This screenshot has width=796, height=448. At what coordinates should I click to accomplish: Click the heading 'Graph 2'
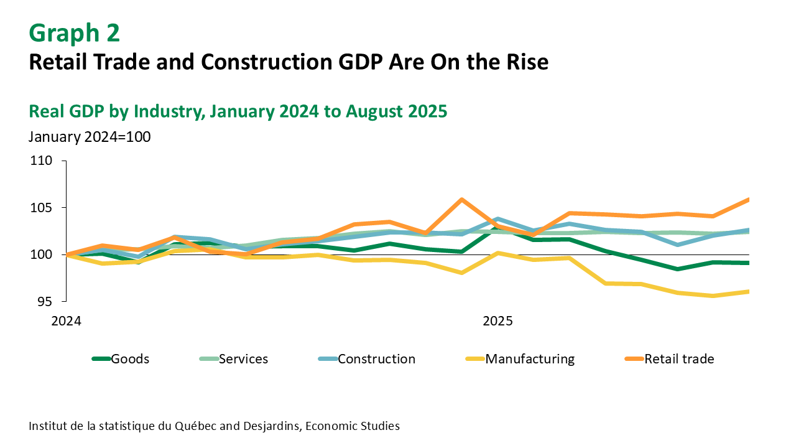coord(75,33)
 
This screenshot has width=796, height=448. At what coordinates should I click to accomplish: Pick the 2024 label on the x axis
coord(66,322)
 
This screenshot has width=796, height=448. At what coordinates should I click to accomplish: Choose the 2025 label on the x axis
coord(497,322)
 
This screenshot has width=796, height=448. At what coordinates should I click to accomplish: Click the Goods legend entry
coord(130,359)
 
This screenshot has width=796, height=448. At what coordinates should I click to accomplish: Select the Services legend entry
coord(243,359)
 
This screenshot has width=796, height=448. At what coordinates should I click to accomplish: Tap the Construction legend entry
coord(376,359)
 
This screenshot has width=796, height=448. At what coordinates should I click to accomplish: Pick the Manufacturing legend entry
coord(530,359)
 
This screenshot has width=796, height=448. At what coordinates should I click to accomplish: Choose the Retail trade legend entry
coord(679,359)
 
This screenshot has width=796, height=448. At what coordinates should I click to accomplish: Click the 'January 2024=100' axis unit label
coord(90,137)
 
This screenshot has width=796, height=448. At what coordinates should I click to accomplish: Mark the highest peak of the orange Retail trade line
coord(461,199)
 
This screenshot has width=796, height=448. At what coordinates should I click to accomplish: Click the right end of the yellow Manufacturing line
coord(748,291)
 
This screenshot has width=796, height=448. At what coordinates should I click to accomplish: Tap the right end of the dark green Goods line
coord(748,263)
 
